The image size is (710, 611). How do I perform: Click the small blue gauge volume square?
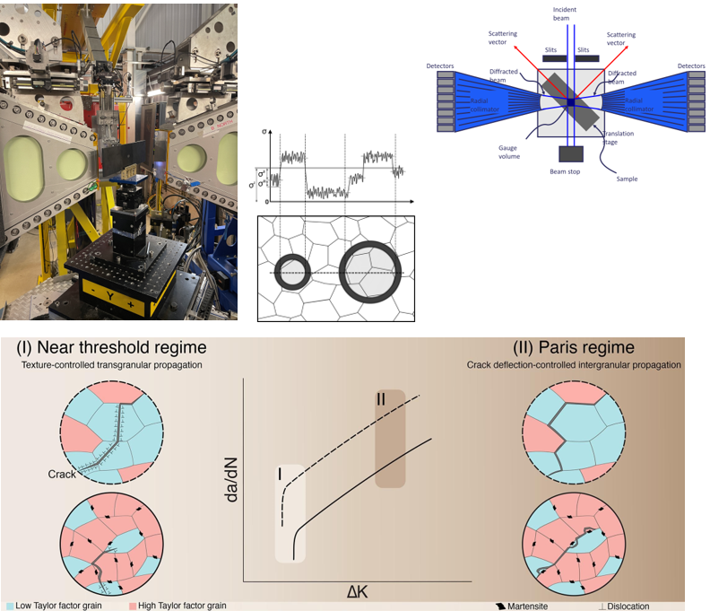pos(568,102)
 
